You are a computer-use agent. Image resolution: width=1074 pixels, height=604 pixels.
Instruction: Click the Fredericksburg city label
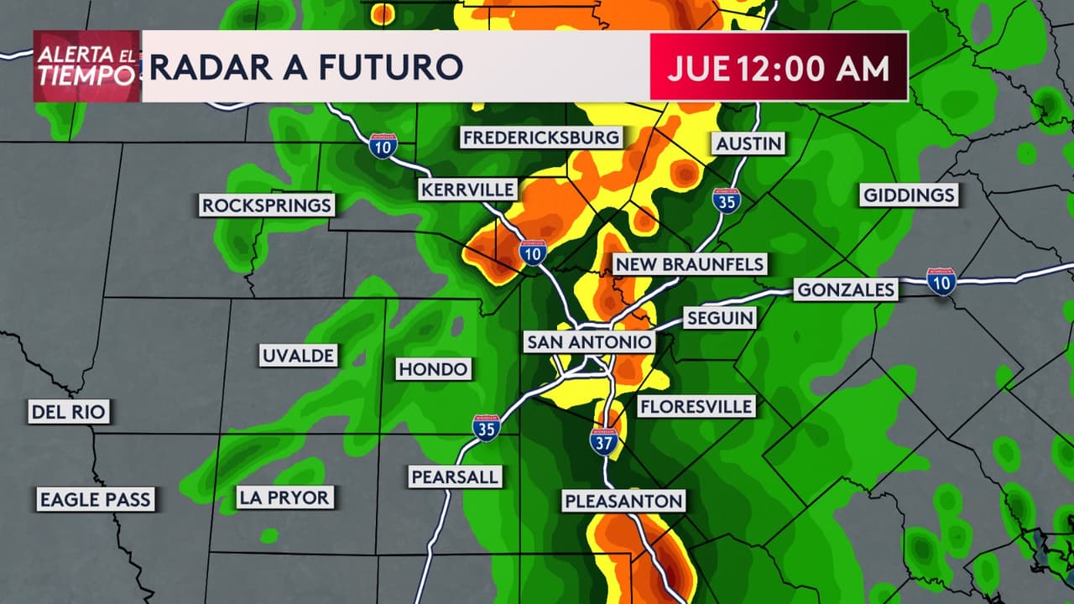(541, 138)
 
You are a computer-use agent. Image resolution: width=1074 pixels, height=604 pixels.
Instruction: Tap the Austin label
(748, 143)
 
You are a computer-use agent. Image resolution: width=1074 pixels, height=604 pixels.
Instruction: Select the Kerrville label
(467, 190)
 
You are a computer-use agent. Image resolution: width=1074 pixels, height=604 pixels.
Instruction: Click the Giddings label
(910, 195)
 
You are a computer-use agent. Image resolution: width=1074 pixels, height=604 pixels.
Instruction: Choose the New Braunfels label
(689, 264)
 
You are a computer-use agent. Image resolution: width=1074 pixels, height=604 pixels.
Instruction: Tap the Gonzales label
(846, 290)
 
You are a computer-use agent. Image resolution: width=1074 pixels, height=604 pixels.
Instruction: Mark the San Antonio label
(588, 342)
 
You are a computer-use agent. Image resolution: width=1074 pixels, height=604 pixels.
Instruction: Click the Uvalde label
(298, 356)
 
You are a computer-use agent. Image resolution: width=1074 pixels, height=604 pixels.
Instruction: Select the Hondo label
(433, 369)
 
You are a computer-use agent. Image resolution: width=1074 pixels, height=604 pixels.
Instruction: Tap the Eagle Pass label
(95, 500)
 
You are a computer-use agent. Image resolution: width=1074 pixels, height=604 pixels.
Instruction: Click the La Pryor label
(284, 497)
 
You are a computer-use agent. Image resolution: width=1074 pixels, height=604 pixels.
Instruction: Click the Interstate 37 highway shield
(603, 441)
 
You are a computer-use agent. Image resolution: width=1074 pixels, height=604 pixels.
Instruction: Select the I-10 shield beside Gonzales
(941, 281)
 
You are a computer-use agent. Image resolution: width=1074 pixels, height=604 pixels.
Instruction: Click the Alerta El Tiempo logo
(86, 66)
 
